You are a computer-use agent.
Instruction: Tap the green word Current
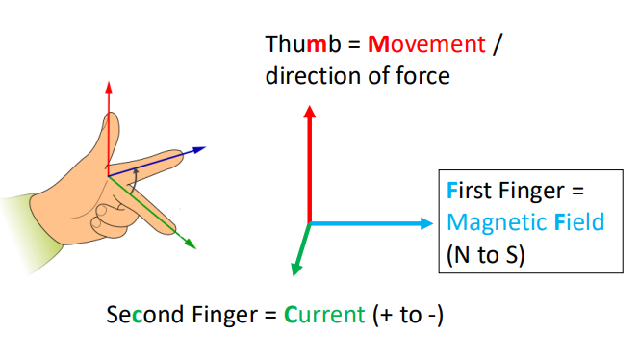coord(324,315)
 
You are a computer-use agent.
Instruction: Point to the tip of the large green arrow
coord(292,278)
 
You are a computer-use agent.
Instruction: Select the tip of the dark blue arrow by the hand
coord(207,147)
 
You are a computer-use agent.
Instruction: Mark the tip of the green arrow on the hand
coord(194,247)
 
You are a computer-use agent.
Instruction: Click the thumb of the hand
coord(110,135)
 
